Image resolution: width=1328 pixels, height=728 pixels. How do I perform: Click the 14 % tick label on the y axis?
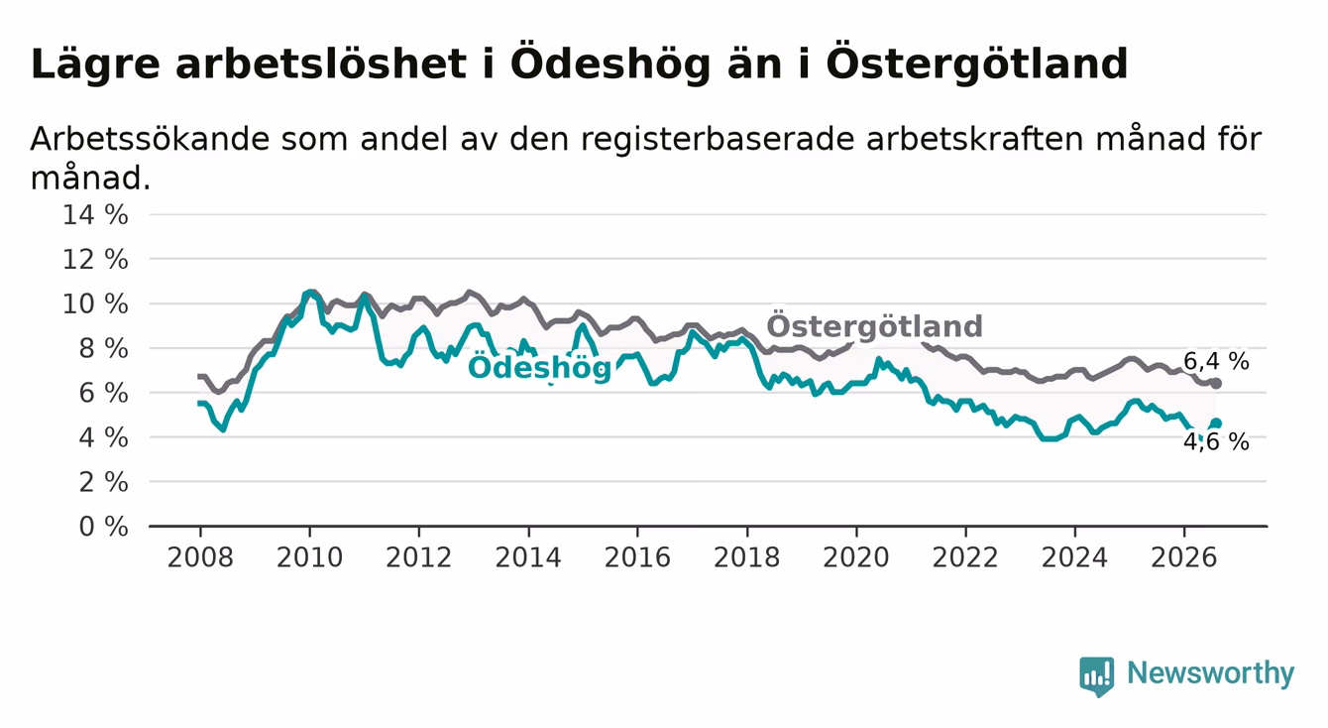click(95, 215)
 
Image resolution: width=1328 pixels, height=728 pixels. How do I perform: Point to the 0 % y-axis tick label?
click(104, 527)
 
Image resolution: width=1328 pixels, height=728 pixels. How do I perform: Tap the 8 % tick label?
click(104, 349)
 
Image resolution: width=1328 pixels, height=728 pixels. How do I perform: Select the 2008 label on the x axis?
click(200, 558)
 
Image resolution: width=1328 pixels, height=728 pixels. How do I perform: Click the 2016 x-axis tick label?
click(637, 558)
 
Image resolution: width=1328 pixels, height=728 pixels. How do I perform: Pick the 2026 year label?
click(1184, 558)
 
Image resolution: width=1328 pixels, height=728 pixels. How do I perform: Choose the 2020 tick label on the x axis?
click(856, 558)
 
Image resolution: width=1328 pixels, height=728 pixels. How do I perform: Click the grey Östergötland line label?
click(874, 325)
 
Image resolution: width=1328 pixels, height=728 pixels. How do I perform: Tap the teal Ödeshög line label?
click(539, 368)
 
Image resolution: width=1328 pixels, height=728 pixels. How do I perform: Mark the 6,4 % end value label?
click(1217, 361)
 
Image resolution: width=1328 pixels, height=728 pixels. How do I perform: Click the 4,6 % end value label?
click(1217, 442)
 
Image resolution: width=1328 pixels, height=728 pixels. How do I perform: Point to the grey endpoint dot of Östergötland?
click(1216, 384)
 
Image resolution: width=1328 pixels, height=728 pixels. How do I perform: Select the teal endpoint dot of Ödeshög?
click(1216, 424)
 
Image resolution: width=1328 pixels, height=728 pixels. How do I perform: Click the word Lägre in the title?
click(95, 64)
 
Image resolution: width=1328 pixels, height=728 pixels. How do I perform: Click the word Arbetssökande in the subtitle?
click(150, 139)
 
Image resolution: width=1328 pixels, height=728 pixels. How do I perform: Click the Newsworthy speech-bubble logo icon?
click(1097, 676)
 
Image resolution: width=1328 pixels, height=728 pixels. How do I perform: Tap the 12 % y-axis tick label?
click(95, 260)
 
